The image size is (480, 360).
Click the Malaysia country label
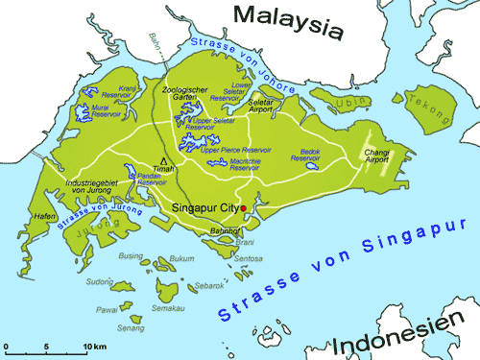[x=288, y=21]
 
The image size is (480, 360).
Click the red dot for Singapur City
[x=244, y=208]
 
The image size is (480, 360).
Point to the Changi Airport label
[x=402, y=159]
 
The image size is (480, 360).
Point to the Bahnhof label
[x=224, y=231]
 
